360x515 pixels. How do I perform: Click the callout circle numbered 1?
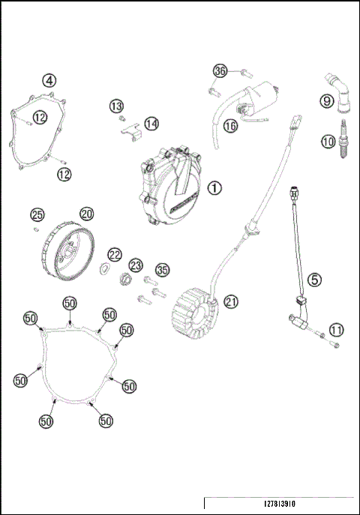click(215, 187)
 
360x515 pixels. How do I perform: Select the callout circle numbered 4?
click(49, 80)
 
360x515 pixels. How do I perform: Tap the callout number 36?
click(220, 70)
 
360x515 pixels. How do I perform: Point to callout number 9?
click(327, 101)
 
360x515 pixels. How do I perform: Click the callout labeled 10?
click(328, 140)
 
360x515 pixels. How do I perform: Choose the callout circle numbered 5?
click(316, 279)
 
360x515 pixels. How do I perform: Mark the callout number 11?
click(337, 329)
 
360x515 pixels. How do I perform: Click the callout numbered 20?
click(87, 214)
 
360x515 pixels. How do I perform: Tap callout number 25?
click(37, 215)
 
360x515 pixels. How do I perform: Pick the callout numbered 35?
click(162, 270)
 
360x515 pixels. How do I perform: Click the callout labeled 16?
click(230, 127)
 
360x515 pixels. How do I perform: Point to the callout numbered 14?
click(151, 122)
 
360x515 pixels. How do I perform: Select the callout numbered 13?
click(117, 107)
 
